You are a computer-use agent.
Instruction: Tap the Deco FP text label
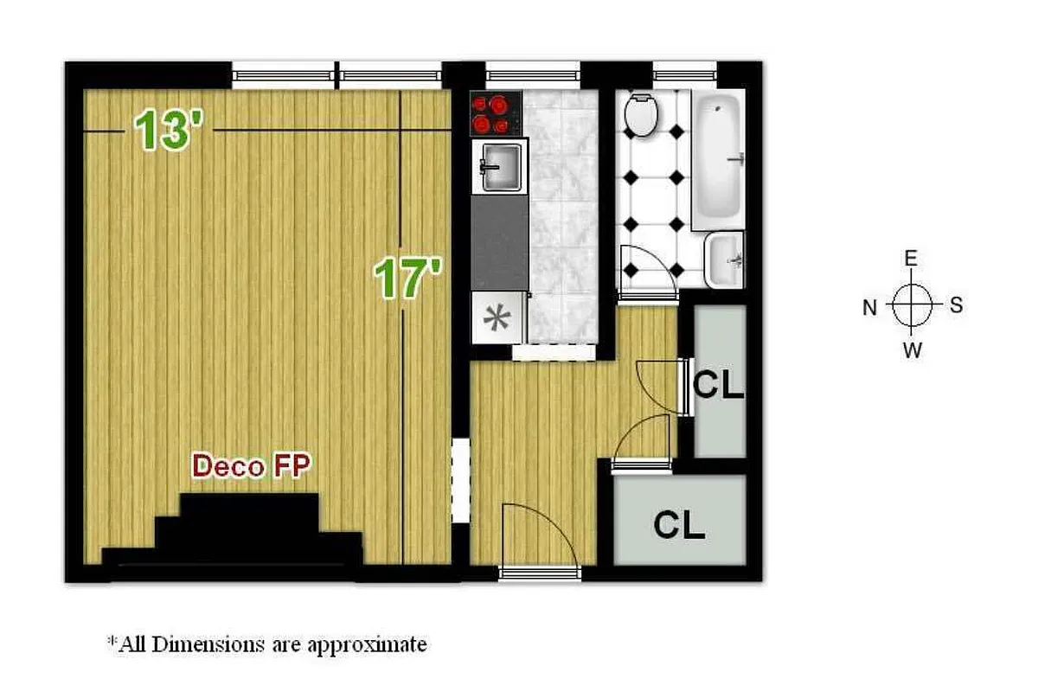click(x=252, y=466)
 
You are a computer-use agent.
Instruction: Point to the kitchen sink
click(x=501, y=166)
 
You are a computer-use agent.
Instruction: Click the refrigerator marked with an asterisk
click(x=499, y=317)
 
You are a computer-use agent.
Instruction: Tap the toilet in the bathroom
click(x=642, y=115)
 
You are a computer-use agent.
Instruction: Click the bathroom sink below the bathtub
click(x=724, y=259)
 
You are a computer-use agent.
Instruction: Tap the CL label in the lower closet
click(x=679, y=524)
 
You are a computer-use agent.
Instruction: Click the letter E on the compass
click(x=911, y=259)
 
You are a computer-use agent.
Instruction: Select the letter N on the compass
click(x=869, y=307)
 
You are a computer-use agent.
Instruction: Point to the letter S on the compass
click(x=956, y=305)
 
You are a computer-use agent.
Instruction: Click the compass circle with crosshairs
click(x=912, y=305)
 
